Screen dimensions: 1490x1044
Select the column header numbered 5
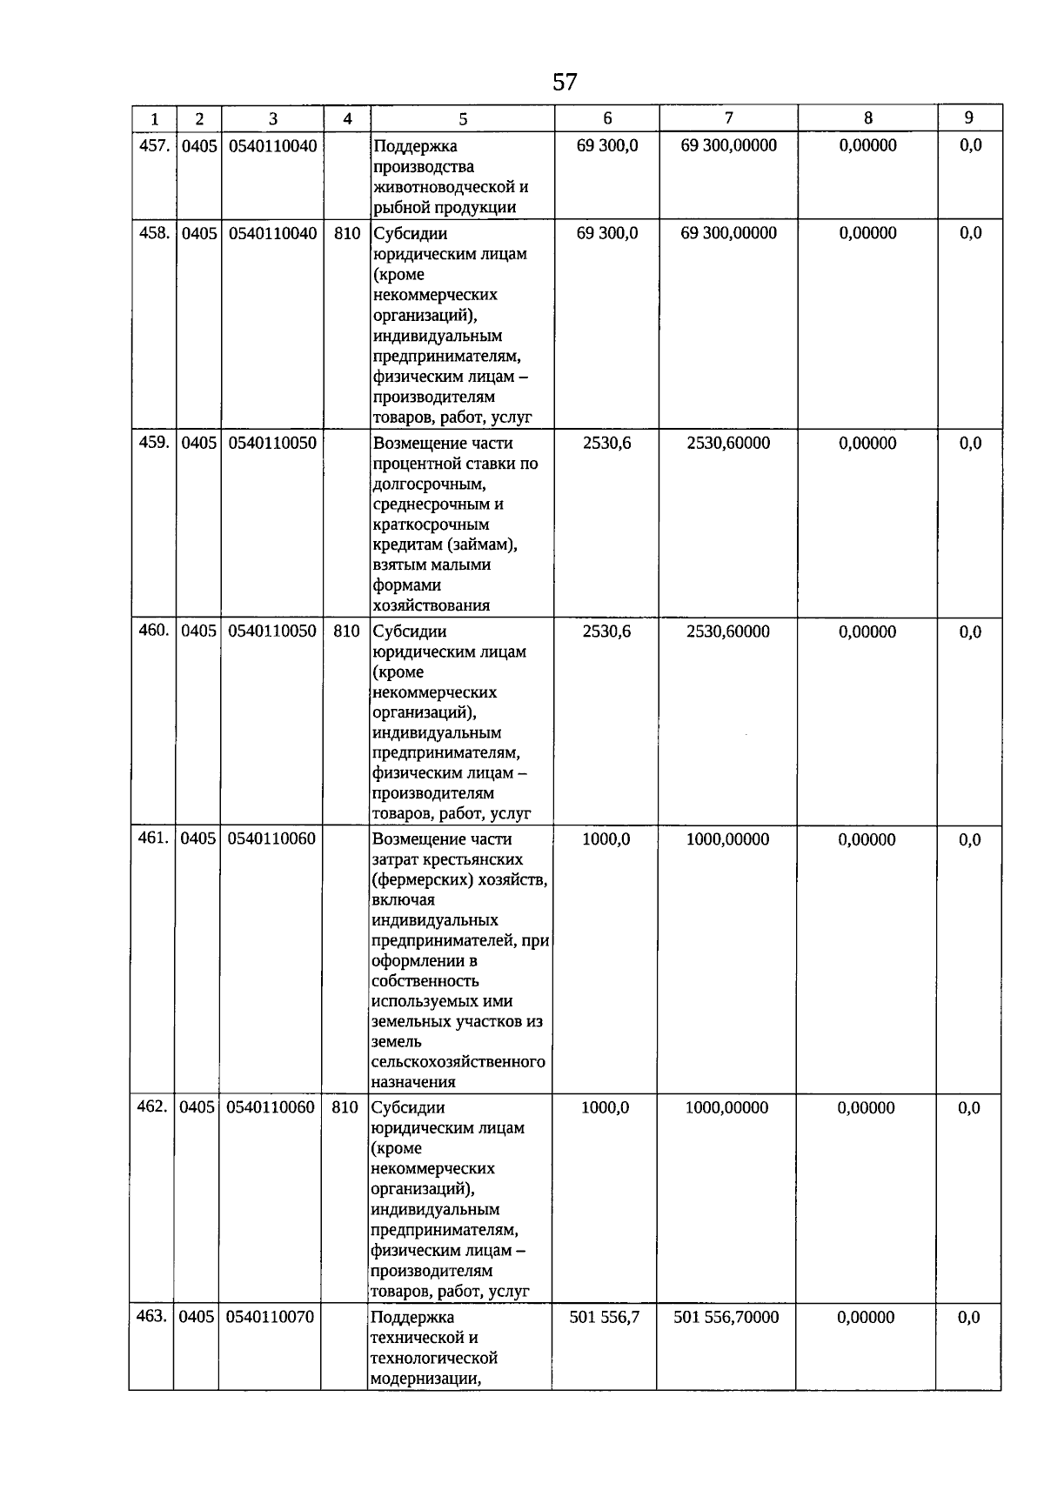coord(463,119)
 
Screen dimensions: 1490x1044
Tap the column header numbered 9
coord(969,118)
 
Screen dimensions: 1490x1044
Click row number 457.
coord(154,145)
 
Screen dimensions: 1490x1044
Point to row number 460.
coord(153,631)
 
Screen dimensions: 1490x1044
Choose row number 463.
coord(151,1316)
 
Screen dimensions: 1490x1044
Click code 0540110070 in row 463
coord(270,1317)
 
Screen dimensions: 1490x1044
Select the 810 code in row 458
coord(347,233)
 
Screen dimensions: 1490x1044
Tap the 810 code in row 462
coord(345,1107)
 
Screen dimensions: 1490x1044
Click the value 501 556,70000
coord(726,1317)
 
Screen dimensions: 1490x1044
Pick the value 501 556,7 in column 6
coord(605,1317)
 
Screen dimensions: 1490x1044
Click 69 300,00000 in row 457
coord(728,145)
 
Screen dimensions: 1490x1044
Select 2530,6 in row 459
coord(607,443)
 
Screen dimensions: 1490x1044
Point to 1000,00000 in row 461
coord(727,839)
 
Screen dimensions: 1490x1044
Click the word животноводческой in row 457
coord(451,187)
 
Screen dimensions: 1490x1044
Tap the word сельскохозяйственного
coord(458,1062)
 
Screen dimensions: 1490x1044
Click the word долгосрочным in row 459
coord(429,484)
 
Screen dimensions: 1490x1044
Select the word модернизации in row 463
coord(425,1379)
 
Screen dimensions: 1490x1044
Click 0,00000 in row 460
coord(867,631)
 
